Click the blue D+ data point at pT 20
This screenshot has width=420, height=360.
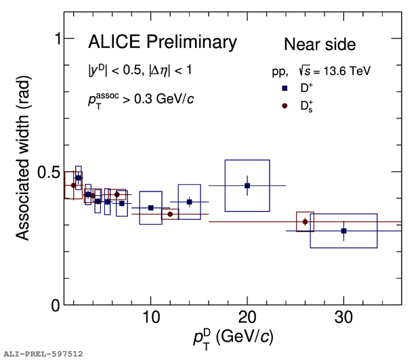tap(247, 185)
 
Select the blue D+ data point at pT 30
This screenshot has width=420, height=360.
tap(343, 231)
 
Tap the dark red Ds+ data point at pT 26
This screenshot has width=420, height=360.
tap(306, 221)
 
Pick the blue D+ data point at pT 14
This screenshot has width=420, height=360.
tap(190, 202)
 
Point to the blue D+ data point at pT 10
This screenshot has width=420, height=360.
tap(150, 208)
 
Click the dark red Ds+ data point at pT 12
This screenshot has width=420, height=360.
tap(170, 214)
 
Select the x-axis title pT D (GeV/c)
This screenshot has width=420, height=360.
tap(232, 336)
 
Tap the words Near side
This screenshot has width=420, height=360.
tap(319, 45)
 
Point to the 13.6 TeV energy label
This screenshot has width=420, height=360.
tap(346, 70)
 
